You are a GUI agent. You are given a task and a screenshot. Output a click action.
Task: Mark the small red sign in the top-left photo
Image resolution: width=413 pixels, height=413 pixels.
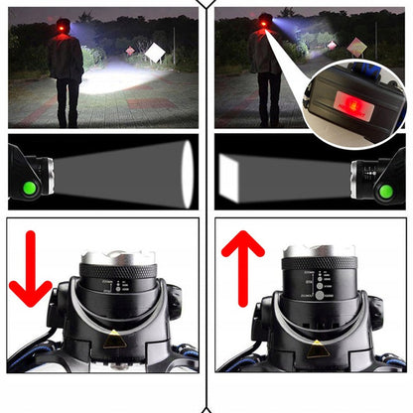(x=130, y=51)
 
